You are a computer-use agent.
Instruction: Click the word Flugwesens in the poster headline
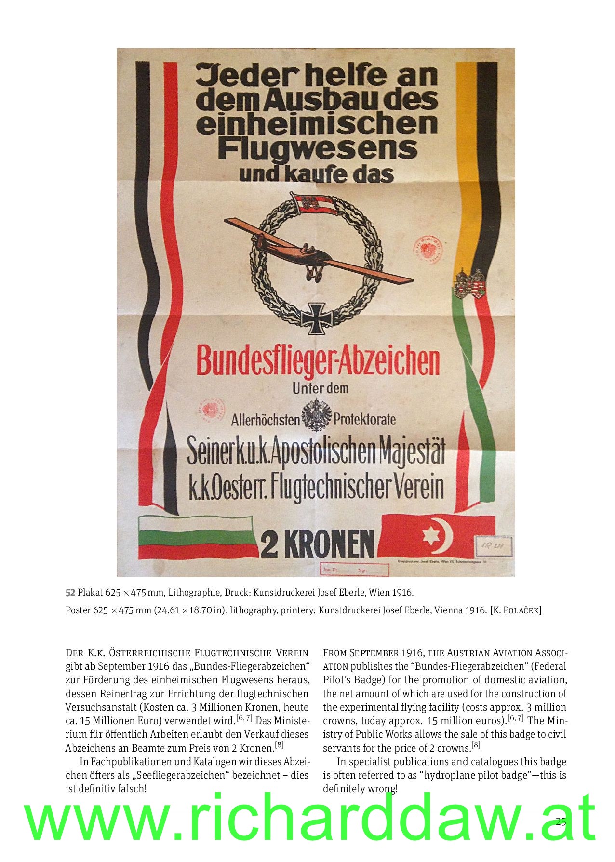(x=317, y=148)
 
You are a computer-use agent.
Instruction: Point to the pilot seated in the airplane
(x=307, y=249)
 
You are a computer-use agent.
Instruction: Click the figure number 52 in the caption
(x=70, y=591)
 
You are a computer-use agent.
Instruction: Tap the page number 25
(x=561, y=822)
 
